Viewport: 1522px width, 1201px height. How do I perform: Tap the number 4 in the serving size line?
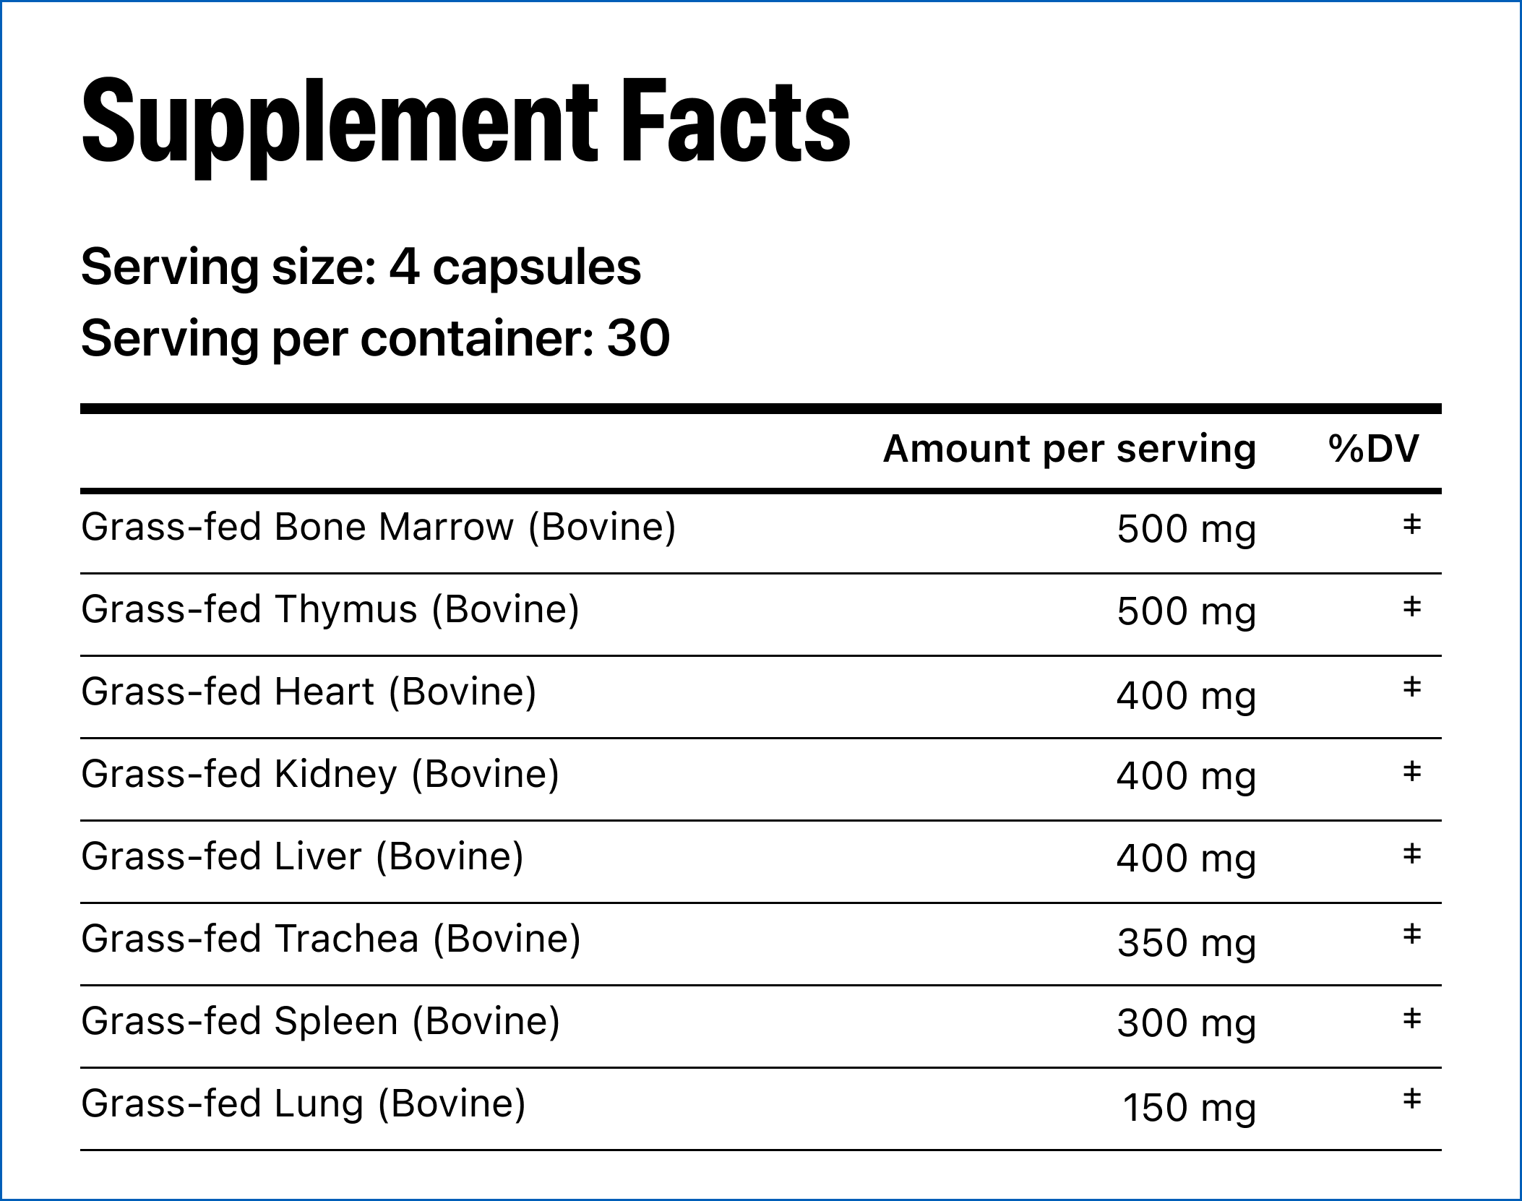[404, 266]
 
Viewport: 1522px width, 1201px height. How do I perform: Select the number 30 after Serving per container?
[639, 337]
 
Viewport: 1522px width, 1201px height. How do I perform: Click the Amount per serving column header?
[1070, 449]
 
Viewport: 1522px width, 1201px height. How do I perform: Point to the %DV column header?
[1373, 448]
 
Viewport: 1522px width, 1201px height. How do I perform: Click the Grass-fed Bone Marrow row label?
[379, 527]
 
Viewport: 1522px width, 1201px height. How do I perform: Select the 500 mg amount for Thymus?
[1186, 612]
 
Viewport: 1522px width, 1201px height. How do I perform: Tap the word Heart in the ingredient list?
[324, 692]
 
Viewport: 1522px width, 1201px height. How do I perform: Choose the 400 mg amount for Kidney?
[1186, 777]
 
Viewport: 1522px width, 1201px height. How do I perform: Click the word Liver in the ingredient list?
[318, 856]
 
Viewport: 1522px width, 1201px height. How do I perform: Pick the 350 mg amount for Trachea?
[1187, 943]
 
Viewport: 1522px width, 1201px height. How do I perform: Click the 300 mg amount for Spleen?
[1187, 1023]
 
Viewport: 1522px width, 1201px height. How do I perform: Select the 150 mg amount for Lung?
[1189, 1108]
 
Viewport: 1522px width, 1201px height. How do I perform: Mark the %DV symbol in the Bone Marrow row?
[1411, 524]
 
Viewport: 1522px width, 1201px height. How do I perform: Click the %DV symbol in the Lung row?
[1411, 1099]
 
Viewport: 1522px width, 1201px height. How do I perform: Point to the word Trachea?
[347, 939]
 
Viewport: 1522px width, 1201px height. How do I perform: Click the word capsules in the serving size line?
[536, 268]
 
